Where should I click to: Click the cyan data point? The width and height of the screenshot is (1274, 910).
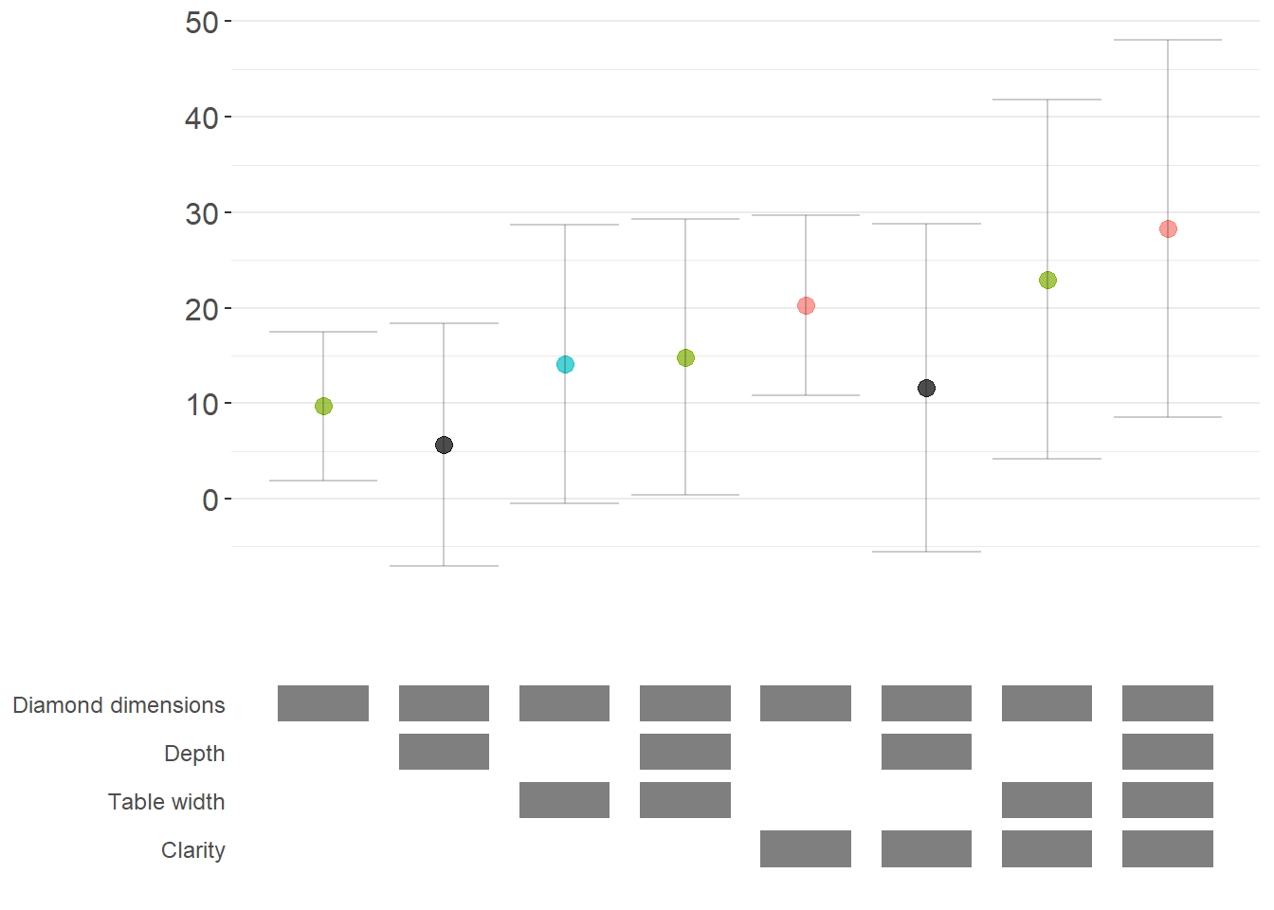click(565, 364)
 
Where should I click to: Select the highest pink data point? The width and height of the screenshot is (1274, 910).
click(1168, 228)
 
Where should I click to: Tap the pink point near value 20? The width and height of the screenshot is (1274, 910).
click(806, 305)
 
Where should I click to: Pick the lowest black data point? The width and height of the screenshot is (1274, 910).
click(444, 445)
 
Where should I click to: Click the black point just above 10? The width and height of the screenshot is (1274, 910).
click(926, 388)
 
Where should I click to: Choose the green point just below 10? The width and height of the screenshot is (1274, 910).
click(323, 406)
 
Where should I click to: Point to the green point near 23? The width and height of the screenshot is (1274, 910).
click(1047, 280)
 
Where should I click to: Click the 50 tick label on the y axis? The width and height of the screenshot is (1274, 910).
click(202, 22)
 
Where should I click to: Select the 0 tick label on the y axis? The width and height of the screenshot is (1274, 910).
click(210, 500)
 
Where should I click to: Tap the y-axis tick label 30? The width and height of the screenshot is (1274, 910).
click(202, 213)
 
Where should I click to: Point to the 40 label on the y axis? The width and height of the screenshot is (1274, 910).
click(202, 118)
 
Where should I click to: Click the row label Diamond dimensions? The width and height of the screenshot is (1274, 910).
click(118, 705)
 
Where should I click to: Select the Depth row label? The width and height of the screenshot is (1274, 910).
click(194, 754)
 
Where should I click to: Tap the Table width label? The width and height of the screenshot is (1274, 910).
click(166, 802)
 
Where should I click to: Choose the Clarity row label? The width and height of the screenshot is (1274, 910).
click(192, 850)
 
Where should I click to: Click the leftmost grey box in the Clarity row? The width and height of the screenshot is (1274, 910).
click(806, 848)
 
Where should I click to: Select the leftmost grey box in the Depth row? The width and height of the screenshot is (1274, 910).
click(444, 752)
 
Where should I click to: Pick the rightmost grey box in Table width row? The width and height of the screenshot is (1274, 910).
click(1168, 800)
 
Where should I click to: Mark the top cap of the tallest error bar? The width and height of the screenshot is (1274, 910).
click(1168, 40)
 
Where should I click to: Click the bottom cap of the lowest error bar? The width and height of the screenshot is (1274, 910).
click(444, 566)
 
